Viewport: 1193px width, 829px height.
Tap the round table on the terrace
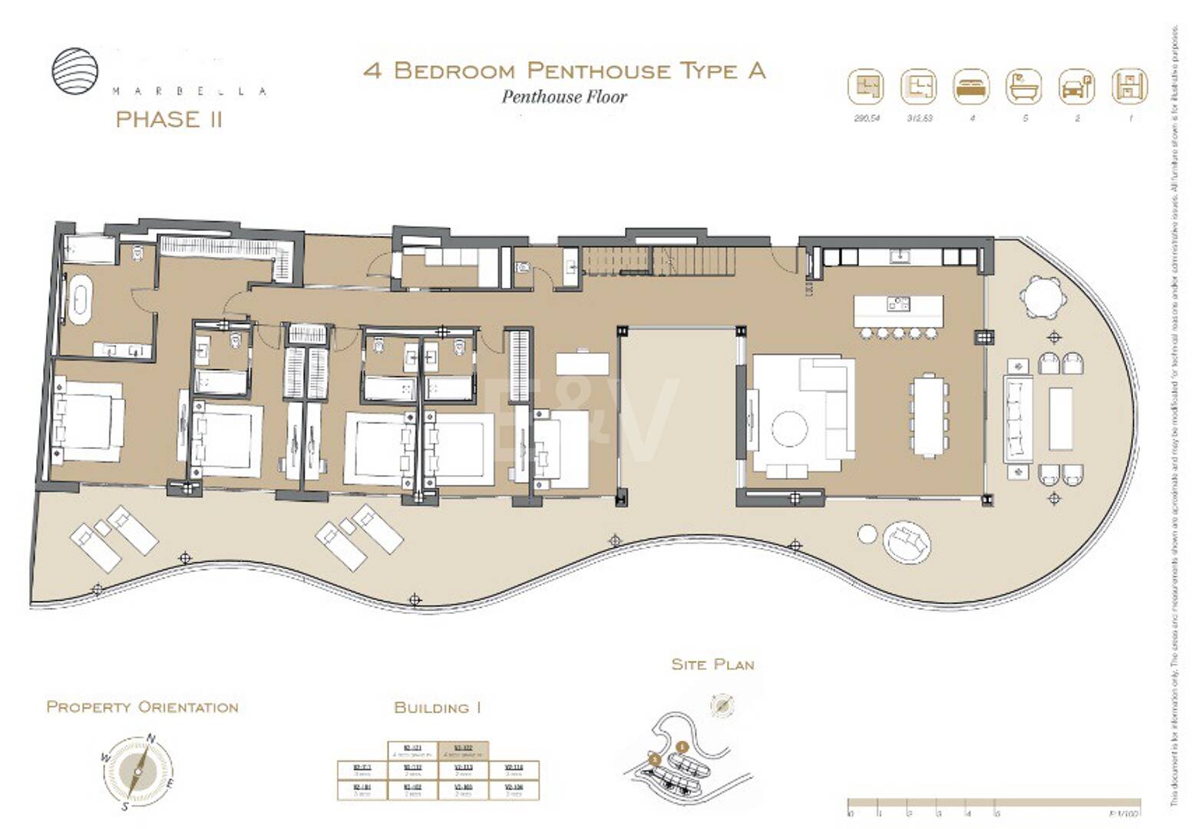[x=1043, y=296]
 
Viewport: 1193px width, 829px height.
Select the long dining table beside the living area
[x=929, y=414]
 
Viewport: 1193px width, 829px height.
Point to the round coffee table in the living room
[x=789, y=428]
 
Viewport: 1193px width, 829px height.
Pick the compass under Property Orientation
[x=137, y=771]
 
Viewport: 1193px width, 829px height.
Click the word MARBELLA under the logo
[x=190, y=91]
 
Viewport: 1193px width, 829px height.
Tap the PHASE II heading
[x=169, y=120]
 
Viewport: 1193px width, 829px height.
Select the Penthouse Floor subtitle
[x=564, y=97]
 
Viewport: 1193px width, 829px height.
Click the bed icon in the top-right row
[x=971, y=87]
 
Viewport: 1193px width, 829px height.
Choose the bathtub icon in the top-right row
[x=1023, y=87]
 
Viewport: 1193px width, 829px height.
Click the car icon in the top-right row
[x=1076, y=87]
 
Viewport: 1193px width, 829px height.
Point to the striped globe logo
[x=75, y=71]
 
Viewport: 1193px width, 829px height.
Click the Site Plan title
[x=712, y=665]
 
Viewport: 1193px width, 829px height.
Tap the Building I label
[x=437, y=708]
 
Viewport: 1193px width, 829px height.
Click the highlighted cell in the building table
[x=463, y=750]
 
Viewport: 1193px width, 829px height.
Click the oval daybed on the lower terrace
[x=907, y=542]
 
